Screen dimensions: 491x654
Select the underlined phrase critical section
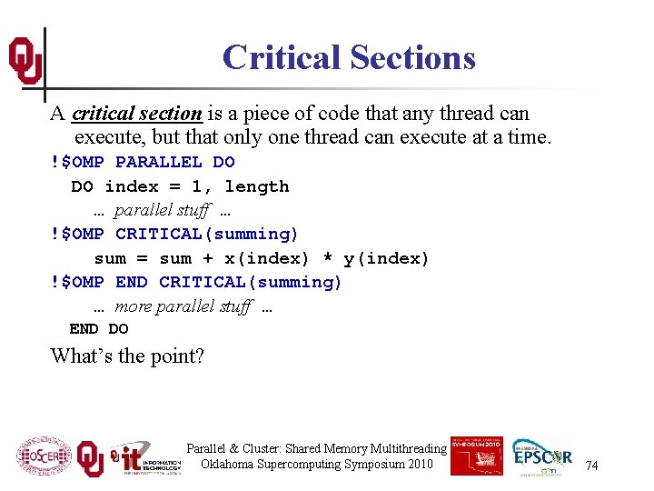point(137,114)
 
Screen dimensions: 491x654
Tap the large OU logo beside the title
point(25,61)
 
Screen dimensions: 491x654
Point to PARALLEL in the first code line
point(159,163)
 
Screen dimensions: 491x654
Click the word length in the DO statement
point(257,186)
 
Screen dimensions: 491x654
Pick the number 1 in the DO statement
point(196,186)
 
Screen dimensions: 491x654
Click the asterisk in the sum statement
point(328,259)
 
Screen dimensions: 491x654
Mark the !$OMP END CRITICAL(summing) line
point(197,282)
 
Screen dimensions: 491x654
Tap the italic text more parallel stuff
point(183,306)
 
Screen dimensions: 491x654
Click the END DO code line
point(99,328)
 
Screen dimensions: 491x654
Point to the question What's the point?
point(127,356)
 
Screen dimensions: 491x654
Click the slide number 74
point(591,466)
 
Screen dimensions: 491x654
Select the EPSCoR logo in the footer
point(542,456)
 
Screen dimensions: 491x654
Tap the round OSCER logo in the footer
point(43,457)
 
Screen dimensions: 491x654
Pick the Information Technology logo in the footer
point(145,457)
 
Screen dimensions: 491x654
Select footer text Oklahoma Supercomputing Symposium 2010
point(317,465)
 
